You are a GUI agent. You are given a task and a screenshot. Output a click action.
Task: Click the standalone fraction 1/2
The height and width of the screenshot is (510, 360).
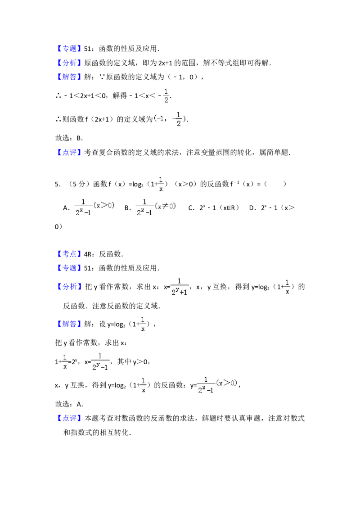(x=166, y=95)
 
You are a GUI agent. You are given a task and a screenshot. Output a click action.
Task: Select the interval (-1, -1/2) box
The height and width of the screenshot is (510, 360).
(x=169, y=119)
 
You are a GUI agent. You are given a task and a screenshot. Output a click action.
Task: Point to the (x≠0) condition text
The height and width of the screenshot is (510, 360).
(x=166, y=206)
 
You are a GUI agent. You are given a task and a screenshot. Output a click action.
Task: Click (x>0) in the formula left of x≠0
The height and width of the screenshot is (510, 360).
(x=104, y=206)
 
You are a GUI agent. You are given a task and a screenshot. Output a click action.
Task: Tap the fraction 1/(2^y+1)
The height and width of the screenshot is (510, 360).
(x=180, y=286)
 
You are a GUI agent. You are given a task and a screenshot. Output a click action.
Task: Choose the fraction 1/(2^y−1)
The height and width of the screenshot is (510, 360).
(x=100, y=362)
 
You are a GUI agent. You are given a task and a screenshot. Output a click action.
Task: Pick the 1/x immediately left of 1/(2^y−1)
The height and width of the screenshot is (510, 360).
(x=65, y=362)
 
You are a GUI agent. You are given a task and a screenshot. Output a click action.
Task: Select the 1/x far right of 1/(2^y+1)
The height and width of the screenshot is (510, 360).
(x=287, y=286)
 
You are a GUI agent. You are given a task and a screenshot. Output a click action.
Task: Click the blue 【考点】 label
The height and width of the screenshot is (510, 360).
(x=70, y=254)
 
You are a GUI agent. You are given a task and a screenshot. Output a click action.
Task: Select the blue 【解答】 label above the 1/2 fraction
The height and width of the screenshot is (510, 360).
(x=70, y=77)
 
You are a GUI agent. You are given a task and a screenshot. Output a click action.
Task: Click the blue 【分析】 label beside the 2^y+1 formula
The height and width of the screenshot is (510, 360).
(x=70, y=287)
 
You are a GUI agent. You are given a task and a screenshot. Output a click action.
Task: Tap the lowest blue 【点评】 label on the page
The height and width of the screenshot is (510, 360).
(x=70, y=419)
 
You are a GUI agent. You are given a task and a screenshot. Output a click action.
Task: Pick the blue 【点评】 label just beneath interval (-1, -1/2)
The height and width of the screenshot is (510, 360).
(x=70, y=153)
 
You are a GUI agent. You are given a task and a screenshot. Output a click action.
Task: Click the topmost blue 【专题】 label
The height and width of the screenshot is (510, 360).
(x=70, y=48)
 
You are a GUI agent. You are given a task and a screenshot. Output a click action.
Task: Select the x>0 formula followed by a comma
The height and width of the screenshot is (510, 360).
(x=218, y=385)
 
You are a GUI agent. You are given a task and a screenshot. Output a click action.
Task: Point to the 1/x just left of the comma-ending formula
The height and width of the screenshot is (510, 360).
(x=142, y=385)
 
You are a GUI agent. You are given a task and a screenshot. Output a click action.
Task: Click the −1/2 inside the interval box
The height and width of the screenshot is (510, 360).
(x=178, y=119)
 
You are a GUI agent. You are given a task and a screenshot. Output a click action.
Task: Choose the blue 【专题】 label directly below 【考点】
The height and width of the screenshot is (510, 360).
(x=70, y=268)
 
